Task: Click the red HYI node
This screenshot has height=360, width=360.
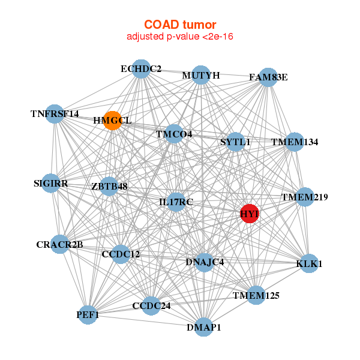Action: click(x=249, y=213)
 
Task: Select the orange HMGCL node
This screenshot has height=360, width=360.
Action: click(x=112, y=120)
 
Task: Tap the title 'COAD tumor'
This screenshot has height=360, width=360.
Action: click(x=180, y=25)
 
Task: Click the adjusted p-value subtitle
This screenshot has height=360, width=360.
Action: click(x=180, y=37)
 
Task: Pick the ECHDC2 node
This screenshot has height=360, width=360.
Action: click(x=140, y=69)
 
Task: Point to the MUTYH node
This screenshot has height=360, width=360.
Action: click(x=201, y=75)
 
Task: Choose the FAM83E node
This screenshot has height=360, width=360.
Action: click(x=268, y=77)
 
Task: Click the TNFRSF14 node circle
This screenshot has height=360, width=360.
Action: click(x=55, y=114)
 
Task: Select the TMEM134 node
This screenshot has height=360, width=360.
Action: click(x=294, y=142)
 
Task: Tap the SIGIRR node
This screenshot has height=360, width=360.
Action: click(x=51, y=183)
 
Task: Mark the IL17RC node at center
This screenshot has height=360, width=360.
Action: click(x=176, y=202)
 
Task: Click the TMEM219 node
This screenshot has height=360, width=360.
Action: click(x=305, y=197)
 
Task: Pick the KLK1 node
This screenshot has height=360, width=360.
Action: click(x=308, y=263)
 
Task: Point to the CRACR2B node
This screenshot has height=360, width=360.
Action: click(x=59, y=244)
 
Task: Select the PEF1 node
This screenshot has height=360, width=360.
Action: click(x=88, y=314)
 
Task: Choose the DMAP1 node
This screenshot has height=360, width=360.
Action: click(x=203, y=327)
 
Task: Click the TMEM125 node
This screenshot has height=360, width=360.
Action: click(x=256, y=295)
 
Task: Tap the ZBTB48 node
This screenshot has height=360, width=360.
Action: click(x=109, y=187)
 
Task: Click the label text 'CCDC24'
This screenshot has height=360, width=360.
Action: click(x=151, y=306)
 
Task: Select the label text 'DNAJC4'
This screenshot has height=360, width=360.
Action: click(x=205, y=262)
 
